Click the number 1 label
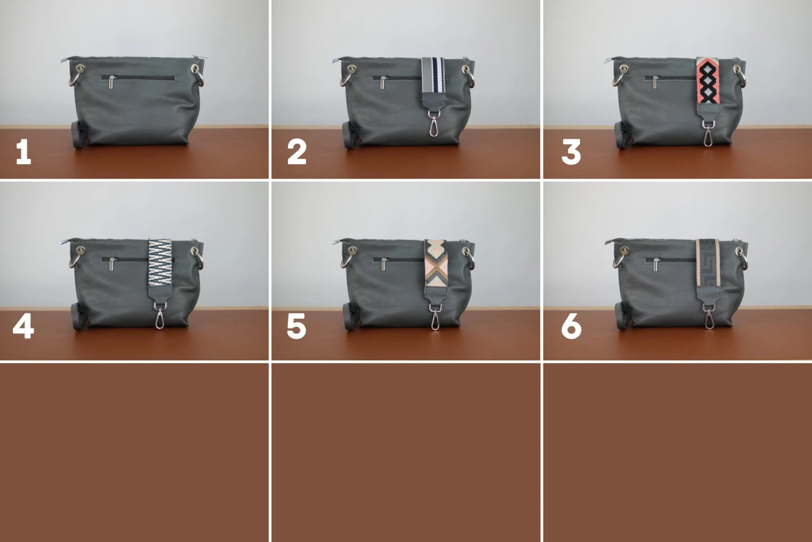click(x=23, y=152)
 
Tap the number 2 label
click(x=297, y=152)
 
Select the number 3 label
click(x=571, y=152)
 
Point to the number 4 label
click(x=23, y=327)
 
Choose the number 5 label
click(x=297, y=327)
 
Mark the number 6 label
click(x=571, y=327)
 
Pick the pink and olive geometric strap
click(x=436, y=262)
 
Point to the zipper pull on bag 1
click(x=112, y=82)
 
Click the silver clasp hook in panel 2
click(x=434, y=125)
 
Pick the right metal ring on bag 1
click(x=199, y=76)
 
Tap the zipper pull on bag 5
click(x=383, y=264)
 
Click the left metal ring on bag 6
click(x=620, y=258)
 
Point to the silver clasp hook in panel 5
click(x=435, y=318)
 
